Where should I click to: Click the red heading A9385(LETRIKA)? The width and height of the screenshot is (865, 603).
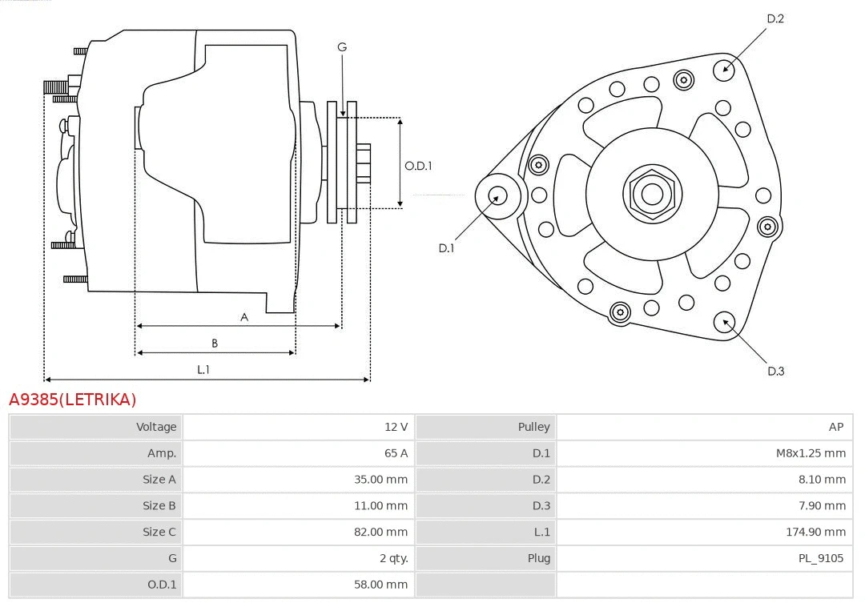[73, 399]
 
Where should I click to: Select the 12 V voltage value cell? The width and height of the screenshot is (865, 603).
[396, 427]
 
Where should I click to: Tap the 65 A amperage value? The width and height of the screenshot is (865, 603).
[396, 453]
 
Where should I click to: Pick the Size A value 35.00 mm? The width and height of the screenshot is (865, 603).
[382, 480]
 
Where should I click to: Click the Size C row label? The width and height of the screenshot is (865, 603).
[159, 532]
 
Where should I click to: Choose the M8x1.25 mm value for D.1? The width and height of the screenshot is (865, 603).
[810, 453]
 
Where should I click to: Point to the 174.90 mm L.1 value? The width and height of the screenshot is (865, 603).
[815, 532]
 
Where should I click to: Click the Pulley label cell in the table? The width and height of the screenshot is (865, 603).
[533, 427]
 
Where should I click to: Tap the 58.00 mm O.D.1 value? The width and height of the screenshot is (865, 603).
[382, 585]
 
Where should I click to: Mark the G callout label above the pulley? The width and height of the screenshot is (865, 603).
[342, 47]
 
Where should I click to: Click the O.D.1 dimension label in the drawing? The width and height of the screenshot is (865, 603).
[418, 166]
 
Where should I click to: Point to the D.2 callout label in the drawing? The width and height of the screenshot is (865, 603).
[774, 18]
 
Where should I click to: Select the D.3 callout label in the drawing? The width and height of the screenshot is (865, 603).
[775, 371]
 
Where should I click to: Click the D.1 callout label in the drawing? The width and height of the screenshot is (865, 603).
[446, 248]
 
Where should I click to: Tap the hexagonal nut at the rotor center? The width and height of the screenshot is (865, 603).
[652, 194]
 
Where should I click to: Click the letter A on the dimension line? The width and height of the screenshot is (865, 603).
[244, 317]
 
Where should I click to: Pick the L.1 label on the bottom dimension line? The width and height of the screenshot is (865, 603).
[203, 369]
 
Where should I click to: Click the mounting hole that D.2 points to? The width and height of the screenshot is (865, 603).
[725, 67]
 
